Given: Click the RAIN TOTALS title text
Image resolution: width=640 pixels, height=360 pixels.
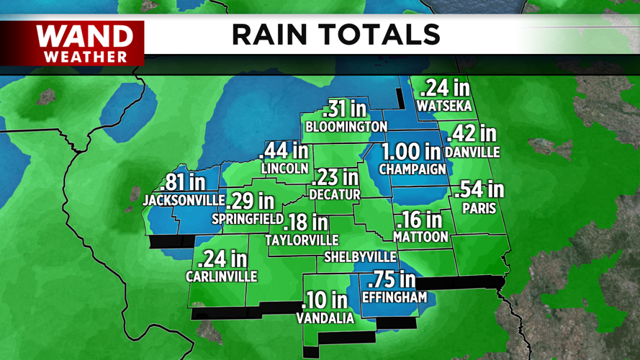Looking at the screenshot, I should pyautogui.click(x=335, y=35).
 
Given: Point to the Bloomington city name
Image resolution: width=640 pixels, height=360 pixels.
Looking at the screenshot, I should pyautogui.click(x=346, y=127).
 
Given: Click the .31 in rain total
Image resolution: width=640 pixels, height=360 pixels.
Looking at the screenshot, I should pyautogui.click(x=345, y=109).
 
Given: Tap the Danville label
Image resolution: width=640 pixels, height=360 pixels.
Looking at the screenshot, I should pyautogui.click(x=472, y=153).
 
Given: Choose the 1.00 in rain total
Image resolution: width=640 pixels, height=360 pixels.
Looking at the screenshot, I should pyautogui.click(x=411, y=152).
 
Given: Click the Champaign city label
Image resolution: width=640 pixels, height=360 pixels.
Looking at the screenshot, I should pyautogui.click(x=413, y=170).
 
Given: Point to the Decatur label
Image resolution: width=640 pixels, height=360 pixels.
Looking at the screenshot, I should pyautogui.click(x=334, y=194).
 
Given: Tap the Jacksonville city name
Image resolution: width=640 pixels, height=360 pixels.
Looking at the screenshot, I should pyautogui.click(x=179, y=200).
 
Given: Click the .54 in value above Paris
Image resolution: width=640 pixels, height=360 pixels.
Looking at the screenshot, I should pyautogui.click(x=479, y=190).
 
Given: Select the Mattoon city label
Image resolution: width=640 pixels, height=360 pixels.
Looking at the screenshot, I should pyautogui.click(x=421, y=236).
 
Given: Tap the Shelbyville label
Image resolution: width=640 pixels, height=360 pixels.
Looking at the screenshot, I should pyautogui.click(x=360, y=257).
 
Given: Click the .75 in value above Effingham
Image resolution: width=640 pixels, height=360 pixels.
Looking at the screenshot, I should pyautogui.click(x=392, y=279).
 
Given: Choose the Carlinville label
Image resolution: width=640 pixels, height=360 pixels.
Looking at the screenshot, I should pyautogui.click(x=222, y=276).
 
